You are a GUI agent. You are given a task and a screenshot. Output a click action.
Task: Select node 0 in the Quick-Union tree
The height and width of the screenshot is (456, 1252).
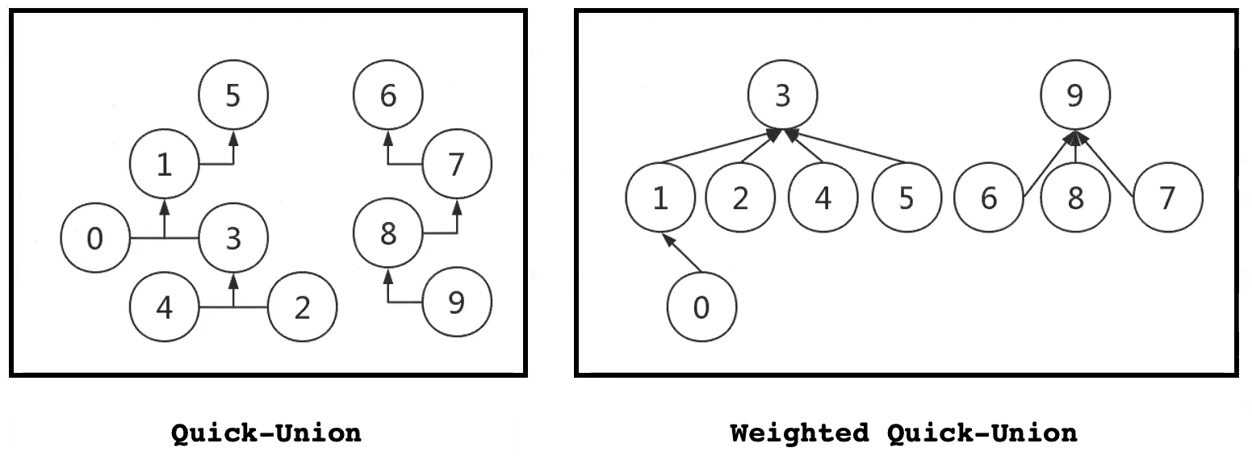click(95, 239)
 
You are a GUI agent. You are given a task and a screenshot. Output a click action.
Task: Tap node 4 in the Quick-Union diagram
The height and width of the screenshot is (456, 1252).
click(165, 307)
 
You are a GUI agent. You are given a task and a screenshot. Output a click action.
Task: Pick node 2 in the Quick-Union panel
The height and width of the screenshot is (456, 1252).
click(302, 307)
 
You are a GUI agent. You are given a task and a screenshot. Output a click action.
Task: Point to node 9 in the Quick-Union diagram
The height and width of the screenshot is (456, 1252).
click(456, 303)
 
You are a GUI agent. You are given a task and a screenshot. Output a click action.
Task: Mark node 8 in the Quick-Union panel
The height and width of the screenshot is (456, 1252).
click(388, 234)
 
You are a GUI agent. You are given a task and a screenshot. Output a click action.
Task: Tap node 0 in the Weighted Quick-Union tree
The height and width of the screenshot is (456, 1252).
click(701, 307)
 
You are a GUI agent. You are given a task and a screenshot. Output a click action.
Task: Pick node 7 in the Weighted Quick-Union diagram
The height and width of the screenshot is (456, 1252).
click(1167, 198)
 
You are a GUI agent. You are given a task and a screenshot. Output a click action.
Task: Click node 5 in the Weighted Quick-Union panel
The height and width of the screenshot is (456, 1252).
click(907, 198)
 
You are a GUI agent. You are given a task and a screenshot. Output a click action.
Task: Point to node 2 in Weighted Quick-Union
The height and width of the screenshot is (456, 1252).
click(741, 198)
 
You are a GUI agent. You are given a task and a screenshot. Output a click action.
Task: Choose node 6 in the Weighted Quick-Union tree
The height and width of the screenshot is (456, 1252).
click(989, 198)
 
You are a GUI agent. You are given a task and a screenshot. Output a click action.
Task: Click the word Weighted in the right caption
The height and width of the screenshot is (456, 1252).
click(799, 433)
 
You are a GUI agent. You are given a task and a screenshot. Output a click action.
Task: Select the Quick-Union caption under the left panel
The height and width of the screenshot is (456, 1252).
click(266, 433)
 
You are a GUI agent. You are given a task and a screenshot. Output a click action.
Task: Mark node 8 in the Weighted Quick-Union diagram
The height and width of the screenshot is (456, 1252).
click(1074, 198)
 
